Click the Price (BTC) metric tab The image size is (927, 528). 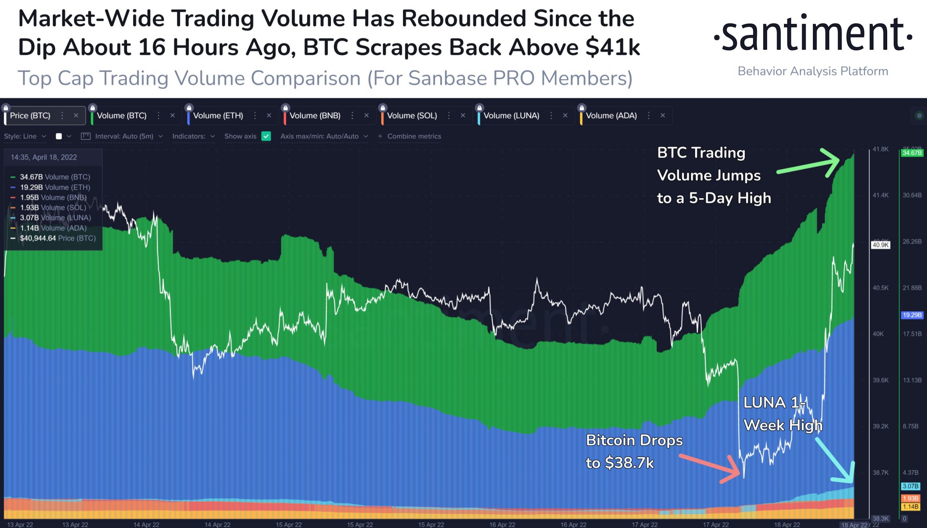coord(30,116)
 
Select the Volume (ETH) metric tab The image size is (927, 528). coord(218,116)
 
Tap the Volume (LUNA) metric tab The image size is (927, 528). coord(511,116)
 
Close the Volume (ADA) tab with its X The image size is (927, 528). coord(663,115)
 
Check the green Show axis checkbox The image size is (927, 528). coord(266,136)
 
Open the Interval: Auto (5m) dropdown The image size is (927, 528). coord(124,136)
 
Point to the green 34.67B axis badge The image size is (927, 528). coord(912,153)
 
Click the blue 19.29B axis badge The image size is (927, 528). coord(912,315)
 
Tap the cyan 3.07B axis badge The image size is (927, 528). coord(910,486)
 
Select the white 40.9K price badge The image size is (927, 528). coord(881,245)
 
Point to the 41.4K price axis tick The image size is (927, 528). coord(881,195)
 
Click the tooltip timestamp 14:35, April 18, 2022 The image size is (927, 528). coord(43,157)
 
